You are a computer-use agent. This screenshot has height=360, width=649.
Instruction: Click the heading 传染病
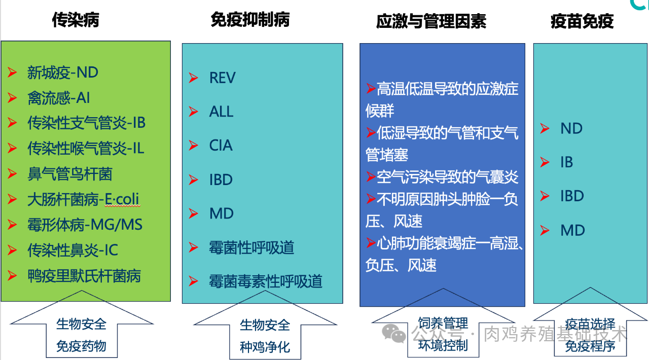[76, 20]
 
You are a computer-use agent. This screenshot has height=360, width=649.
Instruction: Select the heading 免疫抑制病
[250, 20]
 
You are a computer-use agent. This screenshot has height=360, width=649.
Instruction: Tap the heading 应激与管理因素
[431, 21]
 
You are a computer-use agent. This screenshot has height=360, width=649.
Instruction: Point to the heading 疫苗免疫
[582, 21]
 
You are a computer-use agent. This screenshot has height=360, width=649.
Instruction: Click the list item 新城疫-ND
[62, 73]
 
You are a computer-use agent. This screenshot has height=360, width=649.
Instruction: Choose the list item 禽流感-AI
[58, 98]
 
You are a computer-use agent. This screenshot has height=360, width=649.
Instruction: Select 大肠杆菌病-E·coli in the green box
[83, 199]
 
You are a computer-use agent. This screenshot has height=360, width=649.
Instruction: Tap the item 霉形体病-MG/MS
[85, 225]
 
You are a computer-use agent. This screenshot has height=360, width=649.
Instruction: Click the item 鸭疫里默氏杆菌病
[84, 276]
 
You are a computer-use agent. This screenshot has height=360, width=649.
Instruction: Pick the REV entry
[222, 78]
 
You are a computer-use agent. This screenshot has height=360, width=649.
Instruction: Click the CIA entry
[221, 146]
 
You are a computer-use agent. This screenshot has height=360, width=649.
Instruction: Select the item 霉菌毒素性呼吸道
[265, 281]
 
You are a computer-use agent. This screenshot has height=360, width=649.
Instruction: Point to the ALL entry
[221, 112]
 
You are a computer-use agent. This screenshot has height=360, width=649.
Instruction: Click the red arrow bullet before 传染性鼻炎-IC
[13, 250]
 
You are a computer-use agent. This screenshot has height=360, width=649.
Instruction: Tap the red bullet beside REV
[193, 78]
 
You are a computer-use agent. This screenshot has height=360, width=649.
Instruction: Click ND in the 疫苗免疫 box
[571, 128]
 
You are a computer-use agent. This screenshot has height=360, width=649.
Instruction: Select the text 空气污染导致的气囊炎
[447, 177]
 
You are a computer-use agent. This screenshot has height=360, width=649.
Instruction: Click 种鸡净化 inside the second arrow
[265, 347]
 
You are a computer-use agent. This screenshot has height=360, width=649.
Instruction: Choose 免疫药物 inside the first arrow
[81, 346]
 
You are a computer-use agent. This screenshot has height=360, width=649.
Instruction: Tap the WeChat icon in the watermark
[394, 334]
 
